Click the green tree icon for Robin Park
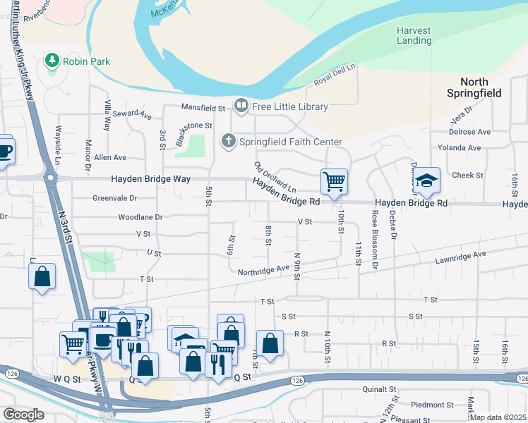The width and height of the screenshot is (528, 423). tap(52, 61)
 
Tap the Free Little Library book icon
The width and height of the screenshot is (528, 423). tap(241, 106)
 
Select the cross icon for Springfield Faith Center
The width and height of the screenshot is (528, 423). tap(228, 142)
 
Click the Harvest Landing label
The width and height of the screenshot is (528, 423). tap(414, 36)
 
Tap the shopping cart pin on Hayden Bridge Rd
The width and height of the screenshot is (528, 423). tap(333, 181)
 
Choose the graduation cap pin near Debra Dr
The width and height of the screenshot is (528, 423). tap(426, 180)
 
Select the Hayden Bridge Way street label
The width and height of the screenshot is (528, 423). tap(150, 180)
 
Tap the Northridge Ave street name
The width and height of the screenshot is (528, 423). tap(263, 269)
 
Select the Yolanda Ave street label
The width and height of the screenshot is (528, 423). tap(460, 148)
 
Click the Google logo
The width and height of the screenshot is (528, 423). tap(23, 415)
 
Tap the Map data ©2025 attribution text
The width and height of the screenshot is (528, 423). tap(498, 417)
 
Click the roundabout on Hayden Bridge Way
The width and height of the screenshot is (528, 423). tap(50, 178)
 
